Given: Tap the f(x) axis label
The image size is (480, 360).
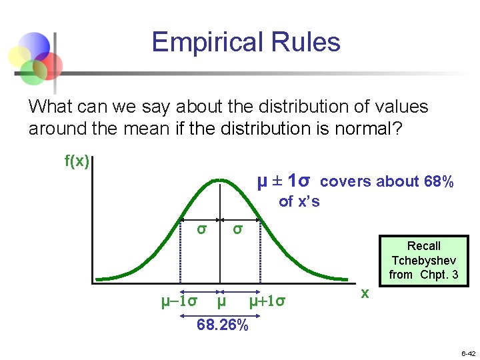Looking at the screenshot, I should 77,161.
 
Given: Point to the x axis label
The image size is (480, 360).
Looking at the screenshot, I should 365,293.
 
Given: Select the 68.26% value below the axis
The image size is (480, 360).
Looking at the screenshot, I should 223,325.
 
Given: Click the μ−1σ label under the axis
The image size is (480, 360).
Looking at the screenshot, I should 179,301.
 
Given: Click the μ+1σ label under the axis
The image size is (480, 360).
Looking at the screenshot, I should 267,301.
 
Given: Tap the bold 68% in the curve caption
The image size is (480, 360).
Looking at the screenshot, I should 439,182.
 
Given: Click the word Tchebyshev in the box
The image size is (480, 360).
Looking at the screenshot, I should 424,260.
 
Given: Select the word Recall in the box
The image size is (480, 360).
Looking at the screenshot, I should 424,246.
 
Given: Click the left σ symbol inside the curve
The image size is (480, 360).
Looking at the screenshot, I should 200,229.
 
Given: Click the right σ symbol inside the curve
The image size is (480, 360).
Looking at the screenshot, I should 237,229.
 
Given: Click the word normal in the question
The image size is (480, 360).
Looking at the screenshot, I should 368,128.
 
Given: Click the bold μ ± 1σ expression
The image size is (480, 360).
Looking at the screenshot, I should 284,181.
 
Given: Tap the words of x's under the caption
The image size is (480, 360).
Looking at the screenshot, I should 299,201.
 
